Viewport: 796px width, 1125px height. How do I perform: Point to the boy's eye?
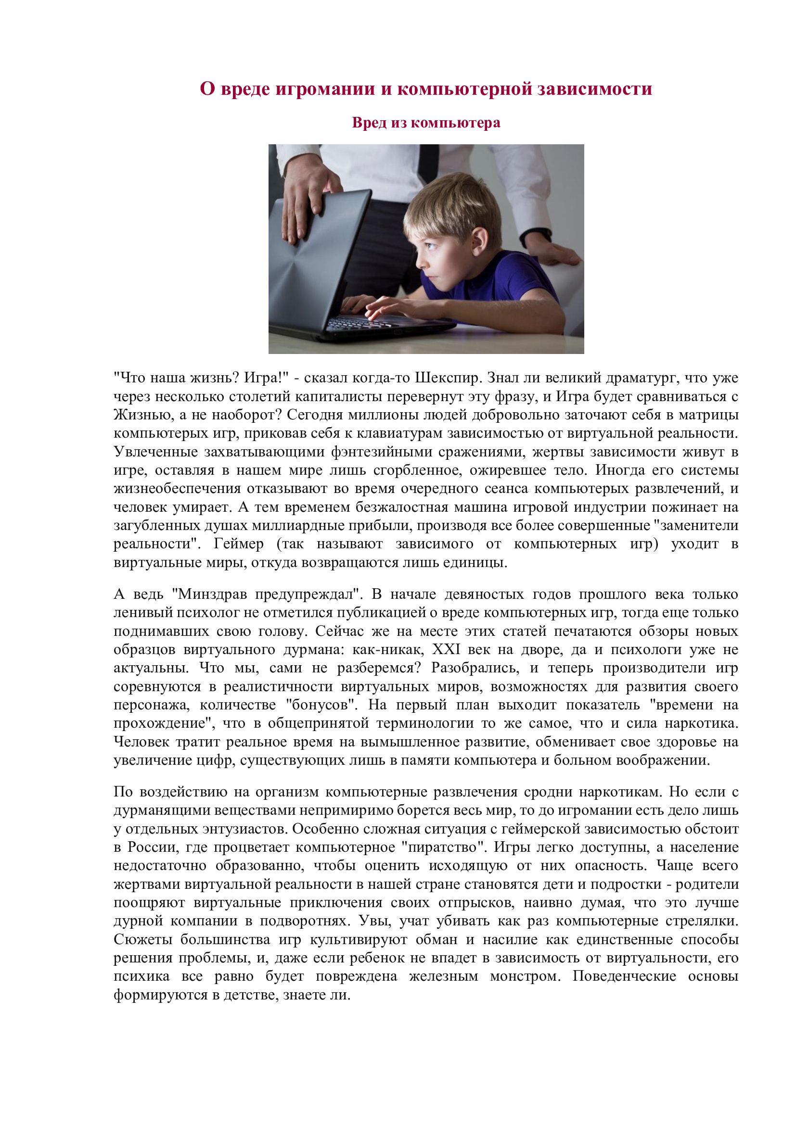[x=431, y=245]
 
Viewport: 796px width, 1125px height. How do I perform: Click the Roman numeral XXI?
[x=446, y=649]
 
